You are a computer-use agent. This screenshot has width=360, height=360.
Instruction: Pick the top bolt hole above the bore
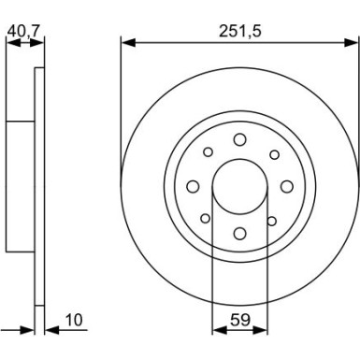click(x=239, y=139)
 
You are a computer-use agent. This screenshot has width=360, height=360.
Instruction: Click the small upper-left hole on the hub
click(x=207, y=152)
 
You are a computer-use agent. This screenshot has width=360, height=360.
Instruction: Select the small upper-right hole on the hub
click(x=273, y=153)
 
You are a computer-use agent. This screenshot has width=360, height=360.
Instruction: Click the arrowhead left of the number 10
click(x=49, y=330)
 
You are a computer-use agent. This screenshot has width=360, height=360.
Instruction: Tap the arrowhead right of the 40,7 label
click(x=41, y=40)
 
